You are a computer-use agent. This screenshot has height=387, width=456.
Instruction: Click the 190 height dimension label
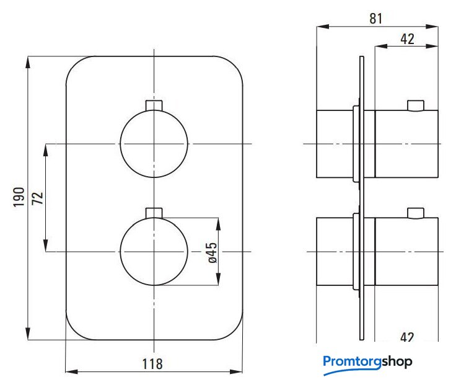[19, 197]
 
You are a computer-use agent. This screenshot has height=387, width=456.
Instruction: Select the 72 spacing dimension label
[38, 198]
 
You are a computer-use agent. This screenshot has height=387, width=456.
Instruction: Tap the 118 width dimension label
[152, 364]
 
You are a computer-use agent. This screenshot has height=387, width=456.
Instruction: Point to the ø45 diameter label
[213, 252]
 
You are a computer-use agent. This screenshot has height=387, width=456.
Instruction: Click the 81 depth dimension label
[375, 19]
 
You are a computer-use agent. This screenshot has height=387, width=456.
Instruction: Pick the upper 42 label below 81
[407, 39]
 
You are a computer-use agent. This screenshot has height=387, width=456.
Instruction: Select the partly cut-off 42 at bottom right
[407, 337]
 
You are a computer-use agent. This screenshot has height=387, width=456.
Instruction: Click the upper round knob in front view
[154, 143]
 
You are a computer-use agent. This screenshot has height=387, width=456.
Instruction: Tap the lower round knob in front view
[154, 251]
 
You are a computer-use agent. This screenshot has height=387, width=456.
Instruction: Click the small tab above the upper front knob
[154, 105]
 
